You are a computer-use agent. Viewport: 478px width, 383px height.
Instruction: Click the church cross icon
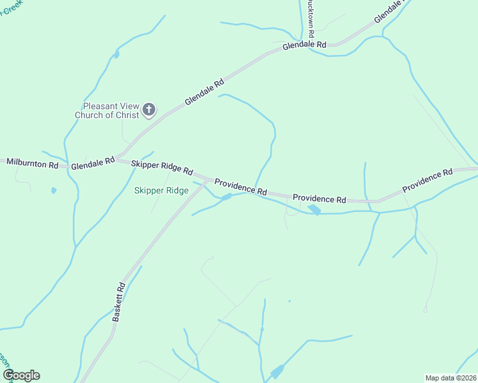click(148, 110)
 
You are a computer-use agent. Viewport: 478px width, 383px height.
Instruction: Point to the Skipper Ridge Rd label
click(162, 167)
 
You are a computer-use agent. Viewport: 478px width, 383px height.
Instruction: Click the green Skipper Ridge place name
click(161, 190)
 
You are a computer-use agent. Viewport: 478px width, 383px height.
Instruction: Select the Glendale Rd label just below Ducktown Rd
click(304, 45)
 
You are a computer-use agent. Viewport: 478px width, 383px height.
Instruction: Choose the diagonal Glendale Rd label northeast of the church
click(204, 92)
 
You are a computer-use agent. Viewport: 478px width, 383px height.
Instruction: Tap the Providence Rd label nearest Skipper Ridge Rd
click(240, 186)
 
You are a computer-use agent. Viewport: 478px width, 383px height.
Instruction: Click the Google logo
click(21, 375)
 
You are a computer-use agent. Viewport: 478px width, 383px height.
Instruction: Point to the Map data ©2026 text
click(450, 378)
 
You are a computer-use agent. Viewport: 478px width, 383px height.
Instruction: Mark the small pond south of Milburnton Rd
click(54, 190)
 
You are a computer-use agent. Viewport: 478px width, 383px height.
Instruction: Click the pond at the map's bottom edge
click(277, 372)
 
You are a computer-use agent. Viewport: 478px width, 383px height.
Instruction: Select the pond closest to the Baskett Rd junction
click(226, 197)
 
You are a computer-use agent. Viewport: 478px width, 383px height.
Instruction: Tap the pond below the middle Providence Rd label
click(314, 209)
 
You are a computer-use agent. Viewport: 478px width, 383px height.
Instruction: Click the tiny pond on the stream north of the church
click(116, 54)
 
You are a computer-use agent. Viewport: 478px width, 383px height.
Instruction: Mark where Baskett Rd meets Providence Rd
click(207, 181)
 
